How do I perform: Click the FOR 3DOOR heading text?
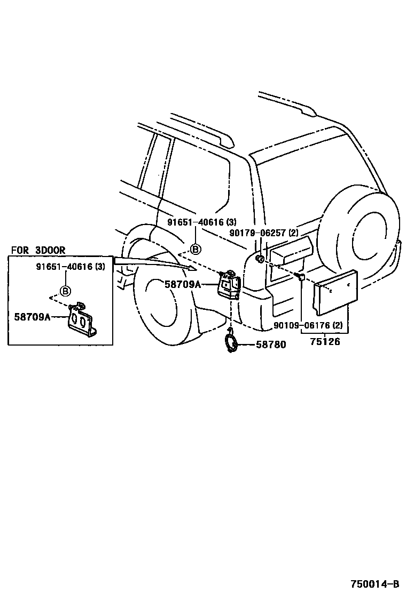pos(38,250)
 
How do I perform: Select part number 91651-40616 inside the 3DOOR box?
pos(71,267)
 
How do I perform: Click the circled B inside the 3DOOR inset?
pos(65,291)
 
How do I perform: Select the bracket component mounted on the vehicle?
pos(228,285)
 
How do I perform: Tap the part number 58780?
pos(271,344)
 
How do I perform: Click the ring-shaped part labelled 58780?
pos(231,342)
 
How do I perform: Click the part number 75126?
pos(324,341)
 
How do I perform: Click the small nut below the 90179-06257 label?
pos(259,259)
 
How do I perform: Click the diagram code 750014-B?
pos(374,583)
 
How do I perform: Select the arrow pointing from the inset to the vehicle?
pos(155,262)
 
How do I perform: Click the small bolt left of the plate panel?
pos(299,276)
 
